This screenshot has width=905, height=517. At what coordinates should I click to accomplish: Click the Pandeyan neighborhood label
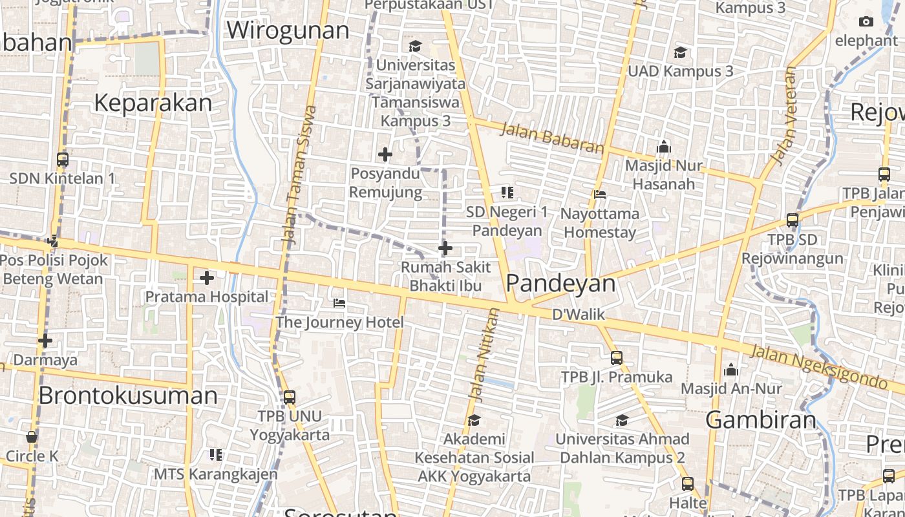point(560,283)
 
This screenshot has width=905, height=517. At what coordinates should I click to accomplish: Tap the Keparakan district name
point(153,103)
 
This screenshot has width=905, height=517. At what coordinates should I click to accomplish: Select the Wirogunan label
point(288,30)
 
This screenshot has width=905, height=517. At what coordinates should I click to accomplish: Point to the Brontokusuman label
point(128,396)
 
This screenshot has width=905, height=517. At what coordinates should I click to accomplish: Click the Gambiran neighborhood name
point(761,420)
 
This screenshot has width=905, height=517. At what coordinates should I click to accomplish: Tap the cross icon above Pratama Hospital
point(207,278)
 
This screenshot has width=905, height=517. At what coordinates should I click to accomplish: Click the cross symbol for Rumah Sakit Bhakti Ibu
point(445,248)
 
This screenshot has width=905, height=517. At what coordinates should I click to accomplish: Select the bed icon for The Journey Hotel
point(339,303)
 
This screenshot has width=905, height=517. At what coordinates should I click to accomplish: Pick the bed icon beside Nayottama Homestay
point(600,194)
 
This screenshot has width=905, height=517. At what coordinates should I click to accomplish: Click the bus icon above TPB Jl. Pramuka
point(617,357)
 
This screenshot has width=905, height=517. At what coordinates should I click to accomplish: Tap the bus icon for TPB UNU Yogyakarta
point(289,397)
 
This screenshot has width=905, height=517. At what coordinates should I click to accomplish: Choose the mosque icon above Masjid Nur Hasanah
point(663,147)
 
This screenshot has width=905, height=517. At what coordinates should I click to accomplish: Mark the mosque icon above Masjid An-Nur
point(731,370)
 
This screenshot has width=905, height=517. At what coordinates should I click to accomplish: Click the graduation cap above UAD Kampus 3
point(680,52)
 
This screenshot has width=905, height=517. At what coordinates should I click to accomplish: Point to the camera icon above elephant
point(866,21)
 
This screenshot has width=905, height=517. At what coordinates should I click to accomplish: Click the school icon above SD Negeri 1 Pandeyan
point(507,192)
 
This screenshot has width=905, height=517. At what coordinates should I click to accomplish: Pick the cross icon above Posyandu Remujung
point(385,154)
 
